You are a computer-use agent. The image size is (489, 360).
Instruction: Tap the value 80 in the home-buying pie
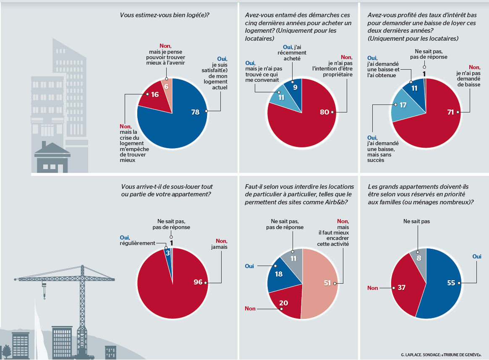coord(324,112)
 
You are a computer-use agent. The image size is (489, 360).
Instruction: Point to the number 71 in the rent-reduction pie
coord(450,112)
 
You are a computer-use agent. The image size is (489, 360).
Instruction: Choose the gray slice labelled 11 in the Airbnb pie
coord(292,259)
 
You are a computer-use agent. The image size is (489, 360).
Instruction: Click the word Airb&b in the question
coord(332,202)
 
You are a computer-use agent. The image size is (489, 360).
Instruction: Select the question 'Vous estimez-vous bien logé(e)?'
coord(165,15)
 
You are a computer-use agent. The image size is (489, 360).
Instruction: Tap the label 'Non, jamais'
coord(221,244)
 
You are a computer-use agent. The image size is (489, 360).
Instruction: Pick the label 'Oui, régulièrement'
coord(137,240)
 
